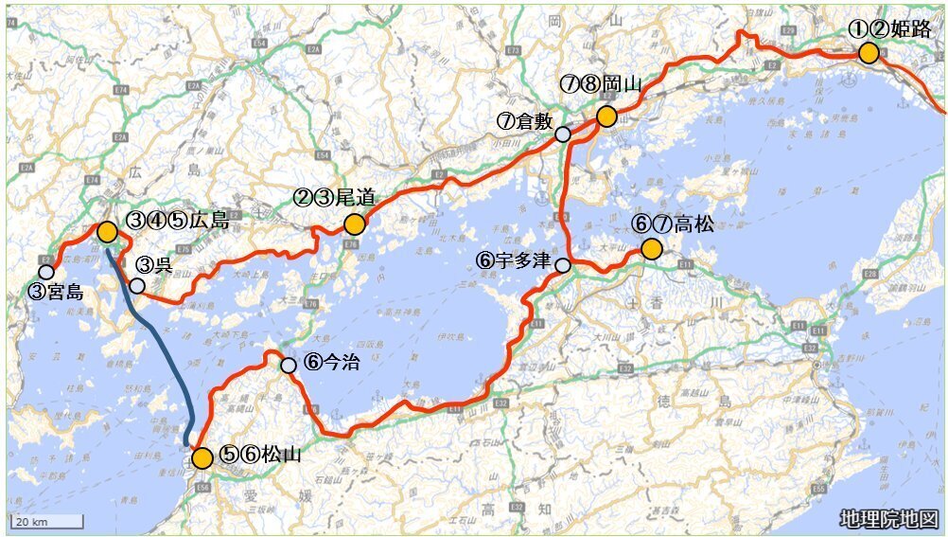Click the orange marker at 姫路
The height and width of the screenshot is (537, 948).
pos(869,53)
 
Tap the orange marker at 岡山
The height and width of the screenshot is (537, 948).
pos(606,116)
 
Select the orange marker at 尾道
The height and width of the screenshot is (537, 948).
pos(355,224)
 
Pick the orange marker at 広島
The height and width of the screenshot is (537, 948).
pos(107,231)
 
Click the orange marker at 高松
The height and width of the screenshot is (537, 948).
pos(651,249)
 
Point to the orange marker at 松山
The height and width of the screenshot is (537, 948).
pos(202,458)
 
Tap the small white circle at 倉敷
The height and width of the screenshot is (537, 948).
pos(563,134)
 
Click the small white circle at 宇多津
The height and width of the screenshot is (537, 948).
pos(563,265)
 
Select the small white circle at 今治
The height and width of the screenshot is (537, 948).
pos(289,365)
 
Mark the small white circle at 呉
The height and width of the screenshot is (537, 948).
pos(137,285)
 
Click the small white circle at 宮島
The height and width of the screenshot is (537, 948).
pos(46,272)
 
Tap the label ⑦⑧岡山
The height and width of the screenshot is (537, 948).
pos(601,84)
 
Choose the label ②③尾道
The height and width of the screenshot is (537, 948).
pos(334,197)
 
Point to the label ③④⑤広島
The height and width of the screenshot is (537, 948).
pos(178,220)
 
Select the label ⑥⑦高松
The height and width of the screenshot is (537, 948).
pos(674,224)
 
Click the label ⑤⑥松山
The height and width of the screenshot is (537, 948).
pos(260,455)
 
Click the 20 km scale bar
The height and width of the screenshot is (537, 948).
pos(47,521)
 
